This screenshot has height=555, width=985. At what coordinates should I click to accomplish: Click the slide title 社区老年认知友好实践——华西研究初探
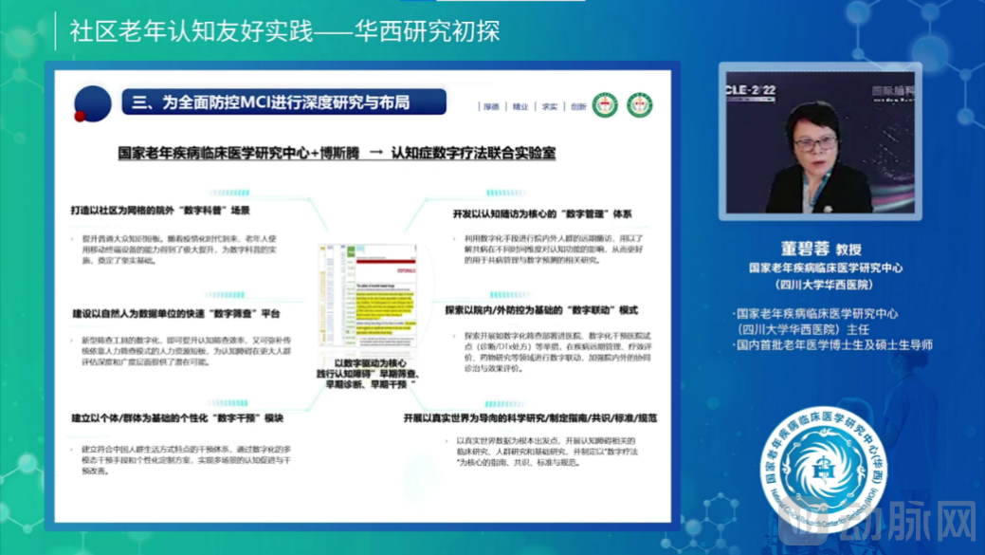284,31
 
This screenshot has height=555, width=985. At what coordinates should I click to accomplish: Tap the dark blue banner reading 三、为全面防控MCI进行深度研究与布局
283,102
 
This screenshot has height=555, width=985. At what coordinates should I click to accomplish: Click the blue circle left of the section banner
93,102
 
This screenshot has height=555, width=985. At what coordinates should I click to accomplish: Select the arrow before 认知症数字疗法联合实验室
375,152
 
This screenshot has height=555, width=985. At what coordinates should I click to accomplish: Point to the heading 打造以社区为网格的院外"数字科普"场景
161,208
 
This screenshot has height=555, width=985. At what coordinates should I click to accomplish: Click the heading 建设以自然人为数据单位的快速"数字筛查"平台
176,313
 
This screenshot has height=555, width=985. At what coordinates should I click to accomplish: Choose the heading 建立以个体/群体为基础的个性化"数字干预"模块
178,417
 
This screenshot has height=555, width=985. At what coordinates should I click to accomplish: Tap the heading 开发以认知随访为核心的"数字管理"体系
541,213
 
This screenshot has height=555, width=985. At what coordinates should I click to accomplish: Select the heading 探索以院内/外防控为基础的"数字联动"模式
541,310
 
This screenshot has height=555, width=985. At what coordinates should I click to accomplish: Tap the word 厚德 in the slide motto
490,107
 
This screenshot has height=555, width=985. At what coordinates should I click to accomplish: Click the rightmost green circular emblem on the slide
638,104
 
